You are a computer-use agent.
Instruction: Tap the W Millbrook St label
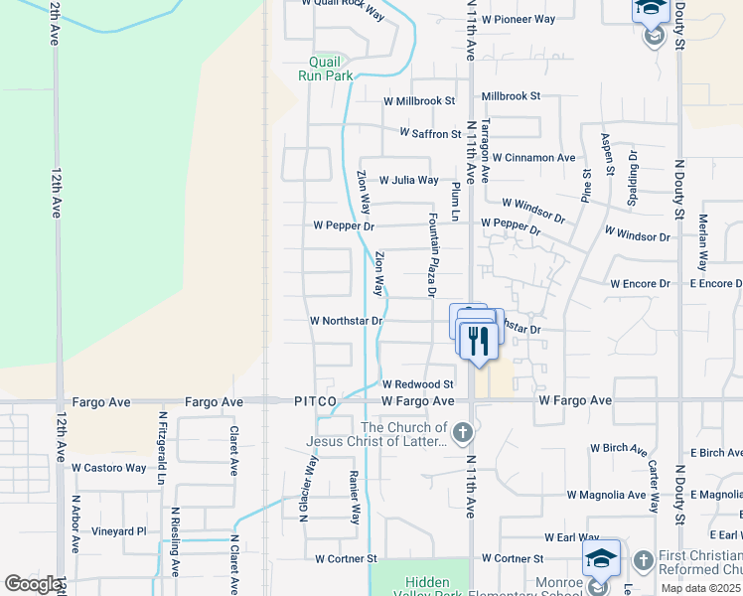coord(418,101)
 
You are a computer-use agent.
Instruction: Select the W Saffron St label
coord(430,133)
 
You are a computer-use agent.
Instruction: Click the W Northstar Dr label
coord(346,321)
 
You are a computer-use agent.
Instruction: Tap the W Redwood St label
coord(417,384)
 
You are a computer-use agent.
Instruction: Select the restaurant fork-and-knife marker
coord(479,342)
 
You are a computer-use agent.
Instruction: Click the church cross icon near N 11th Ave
coord(462,433)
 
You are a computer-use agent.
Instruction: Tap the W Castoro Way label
coord(108,468)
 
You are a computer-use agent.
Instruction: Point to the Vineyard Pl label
coord(119,531)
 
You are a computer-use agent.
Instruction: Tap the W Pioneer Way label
coord(518,19)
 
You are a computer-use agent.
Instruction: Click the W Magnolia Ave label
coord(605,495)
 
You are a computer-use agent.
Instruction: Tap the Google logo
coord(32,584)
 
